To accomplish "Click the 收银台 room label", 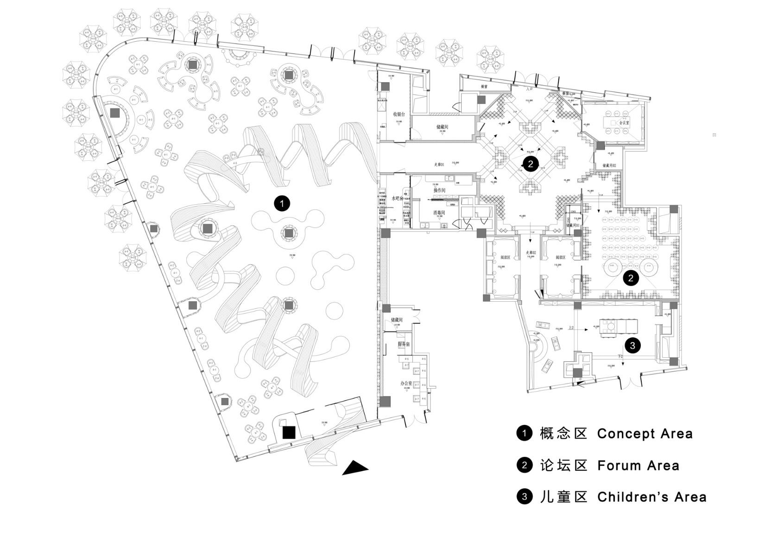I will [x=399, y=114].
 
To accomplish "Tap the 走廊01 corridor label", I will [x=439, y=164].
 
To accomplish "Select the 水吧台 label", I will [x=398, y=198].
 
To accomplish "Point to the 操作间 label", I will [x=439, y=191].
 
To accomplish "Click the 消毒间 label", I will [x=439, y=213].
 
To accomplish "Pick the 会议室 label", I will [x=624, y=123].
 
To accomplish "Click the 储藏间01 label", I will [x=573, y=226].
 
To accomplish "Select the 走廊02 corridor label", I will [x=531, y=253].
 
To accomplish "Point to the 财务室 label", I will [x=404, y=344].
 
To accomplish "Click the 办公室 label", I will [x=406, y=384].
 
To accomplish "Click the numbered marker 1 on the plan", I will [x=282, y=203].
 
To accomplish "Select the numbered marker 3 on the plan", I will [x=633, y=345].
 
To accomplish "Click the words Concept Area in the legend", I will [x=645, y=434].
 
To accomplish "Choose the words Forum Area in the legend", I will [x=638, y=465].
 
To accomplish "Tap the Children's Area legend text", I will [x=651, y=497].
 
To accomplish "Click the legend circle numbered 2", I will [x=524, y=465].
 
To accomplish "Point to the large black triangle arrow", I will [x=355, y=468].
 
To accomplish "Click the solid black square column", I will [x=289, y=432].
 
